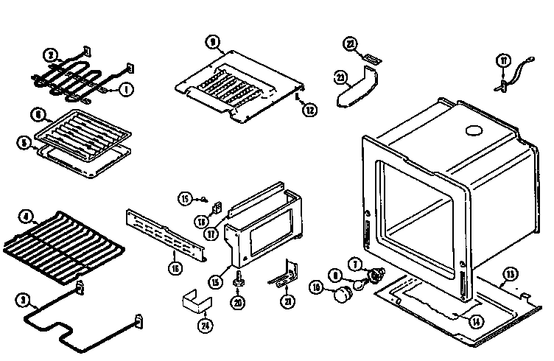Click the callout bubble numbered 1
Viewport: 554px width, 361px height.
125,89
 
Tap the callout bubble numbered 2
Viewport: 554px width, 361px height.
51,55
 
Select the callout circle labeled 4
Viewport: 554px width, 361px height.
27,217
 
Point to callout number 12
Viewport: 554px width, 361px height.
309,111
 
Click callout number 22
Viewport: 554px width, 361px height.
351,45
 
